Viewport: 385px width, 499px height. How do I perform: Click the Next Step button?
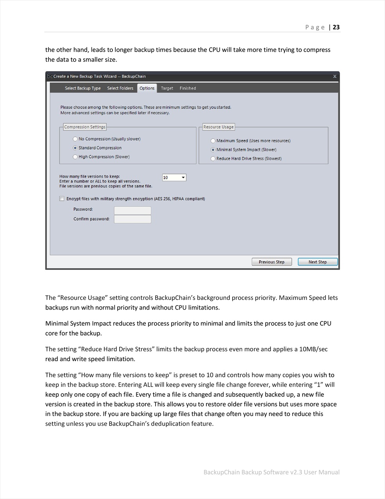317,262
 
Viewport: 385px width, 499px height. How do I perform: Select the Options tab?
147,88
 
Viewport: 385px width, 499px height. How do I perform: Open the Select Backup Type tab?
82,88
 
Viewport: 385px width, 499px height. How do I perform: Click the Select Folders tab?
120,88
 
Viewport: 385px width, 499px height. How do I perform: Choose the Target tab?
167,88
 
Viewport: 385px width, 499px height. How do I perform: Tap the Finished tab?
188,88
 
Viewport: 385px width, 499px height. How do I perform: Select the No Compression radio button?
75,139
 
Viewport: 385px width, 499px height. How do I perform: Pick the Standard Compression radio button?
75,148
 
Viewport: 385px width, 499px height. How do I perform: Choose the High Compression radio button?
75,157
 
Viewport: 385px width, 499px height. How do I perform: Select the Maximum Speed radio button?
213,141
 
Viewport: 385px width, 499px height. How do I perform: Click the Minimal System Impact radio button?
213,150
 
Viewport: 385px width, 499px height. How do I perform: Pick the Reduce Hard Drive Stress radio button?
213,159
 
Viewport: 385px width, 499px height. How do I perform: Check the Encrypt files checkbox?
62,199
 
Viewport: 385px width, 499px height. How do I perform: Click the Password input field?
133,210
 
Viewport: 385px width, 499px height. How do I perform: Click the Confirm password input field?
133,219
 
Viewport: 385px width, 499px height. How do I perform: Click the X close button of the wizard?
335,76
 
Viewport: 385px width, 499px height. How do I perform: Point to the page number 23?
336,27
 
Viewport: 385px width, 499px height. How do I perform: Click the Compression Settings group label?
85,127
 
